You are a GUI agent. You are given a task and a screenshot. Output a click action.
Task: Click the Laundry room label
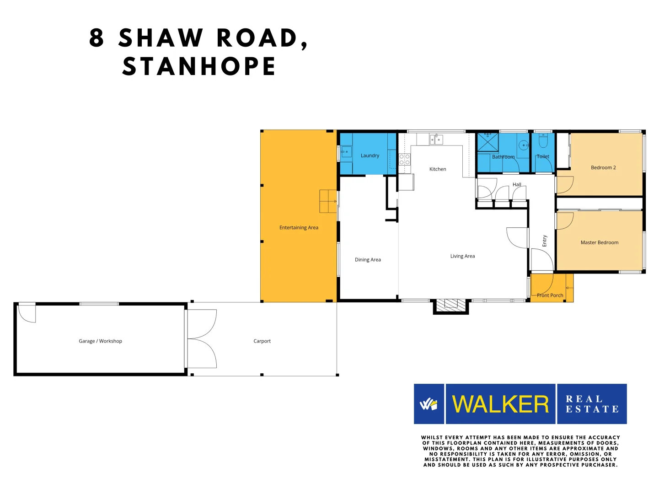[370, 156]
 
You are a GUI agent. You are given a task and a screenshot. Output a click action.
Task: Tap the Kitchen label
[437, 169]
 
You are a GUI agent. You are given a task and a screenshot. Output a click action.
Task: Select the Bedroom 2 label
[603, 168]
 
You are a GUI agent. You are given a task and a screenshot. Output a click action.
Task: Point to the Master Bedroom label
[599, 242]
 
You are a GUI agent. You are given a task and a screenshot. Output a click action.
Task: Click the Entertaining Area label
[299, 228]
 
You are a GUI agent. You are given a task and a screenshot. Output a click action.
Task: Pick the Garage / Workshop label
[100, 341]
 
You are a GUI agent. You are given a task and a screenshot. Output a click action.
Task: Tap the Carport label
[262, 341]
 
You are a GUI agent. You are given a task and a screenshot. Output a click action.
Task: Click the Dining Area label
[368, 260]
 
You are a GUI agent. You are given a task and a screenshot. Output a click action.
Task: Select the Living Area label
[462, 256]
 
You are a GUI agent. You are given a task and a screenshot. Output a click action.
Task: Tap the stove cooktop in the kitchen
[404, 160]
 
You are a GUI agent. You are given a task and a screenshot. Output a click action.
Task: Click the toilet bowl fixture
[543, 141]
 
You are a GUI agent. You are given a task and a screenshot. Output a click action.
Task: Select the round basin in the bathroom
[523, 145]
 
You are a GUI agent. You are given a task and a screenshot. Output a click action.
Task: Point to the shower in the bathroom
[488, 142]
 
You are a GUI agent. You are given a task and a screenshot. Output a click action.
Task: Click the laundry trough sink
[346, 151]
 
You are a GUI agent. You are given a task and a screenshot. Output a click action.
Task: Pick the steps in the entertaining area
[328, 201]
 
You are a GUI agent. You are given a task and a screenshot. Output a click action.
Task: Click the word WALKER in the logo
[500, 404]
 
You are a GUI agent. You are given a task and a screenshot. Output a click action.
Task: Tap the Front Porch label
[550, 295]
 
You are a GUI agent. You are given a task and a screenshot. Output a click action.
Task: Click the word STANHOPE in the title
[199, 66]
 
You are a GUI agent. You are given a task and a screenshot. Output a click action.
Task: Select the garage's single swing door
[27, 314]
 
